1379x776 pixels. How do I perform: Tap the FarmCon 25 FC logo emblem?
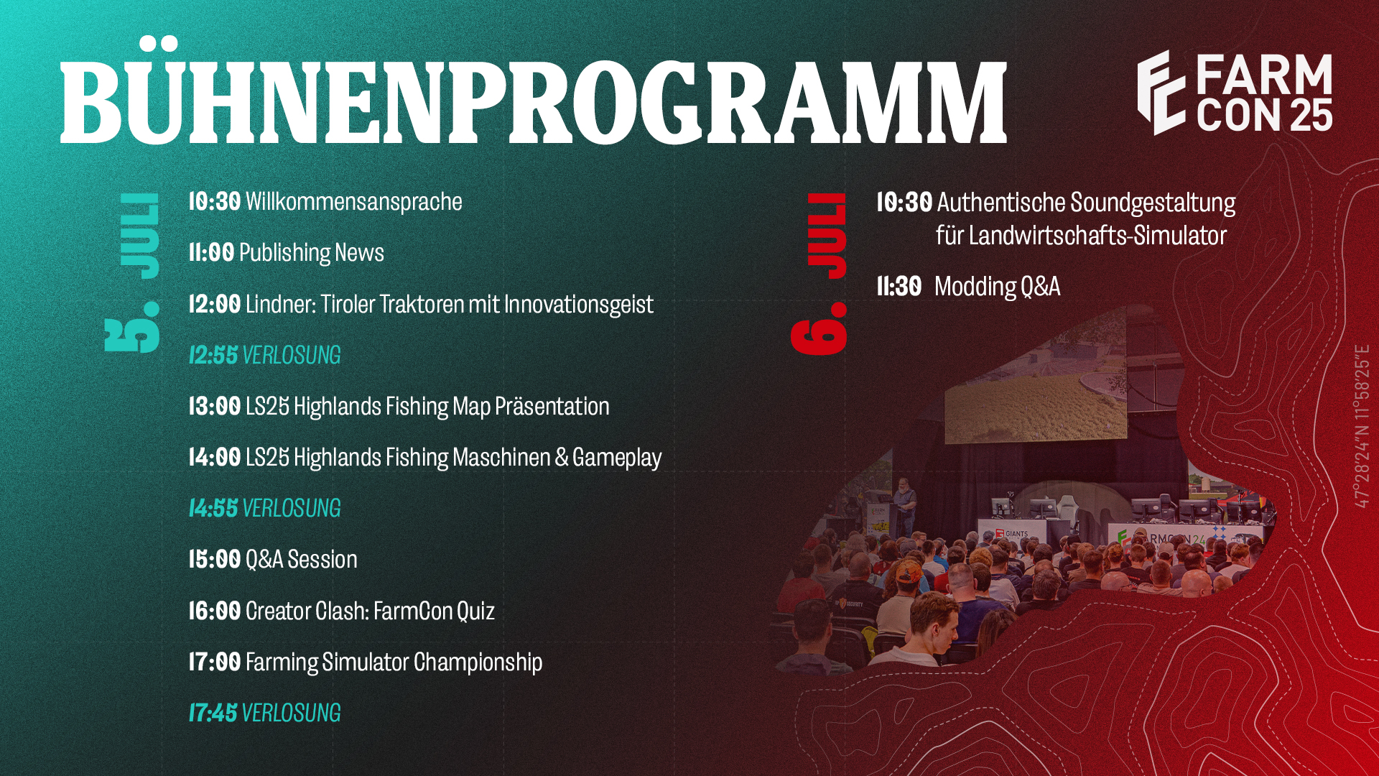pyautogui.click(x=1161, y=93)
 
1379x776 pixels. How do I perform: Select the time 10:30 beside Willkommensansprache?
pyautogui.click(x=214, y=202)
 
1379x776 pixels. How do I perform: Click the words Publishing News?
pyautogui.click(x=311, y=253)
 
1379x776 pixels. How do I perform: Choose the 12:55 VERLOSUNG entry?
pyautogui.click(x=264, y=355)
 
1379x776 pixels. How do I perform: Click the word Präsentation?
pyautogui.click(x=552, y=407)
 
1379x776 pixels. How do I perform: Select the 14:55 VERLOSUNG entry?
pyautogui.click(x=264, y=508)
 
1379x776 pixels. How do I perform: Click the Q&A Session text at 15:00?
pyautogui.click(x=301, y=560)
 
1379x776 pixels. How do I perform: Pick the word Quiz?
pyautogui.click(x=475, y=611)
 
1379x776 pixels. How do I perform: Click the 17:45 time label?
pyautogui.click(x=213, y=713)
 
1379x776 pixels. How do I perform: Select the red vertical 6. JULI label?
pyautogui.click(x=819, y=273)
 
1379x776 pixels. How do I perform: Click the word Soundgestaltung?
pyautogui.click(x=1153, y=203)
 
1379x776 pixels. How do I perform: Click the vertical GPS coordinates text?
pyautogui.click(x=1362, y=426)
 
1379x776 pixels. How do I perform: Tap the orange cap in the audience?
pyautogui.click(x=909, y=572)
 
